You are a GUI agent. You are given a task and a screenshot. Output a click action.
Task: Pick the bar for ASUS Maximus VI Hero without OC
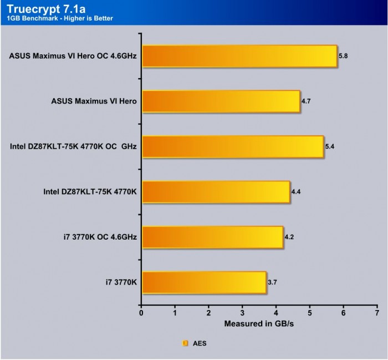pyautogui.click(x=221, y=102)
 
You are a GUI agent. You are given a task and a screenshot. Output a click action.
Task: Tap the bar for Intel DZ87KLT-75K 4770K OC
pyautogui.click(x=233, y=147)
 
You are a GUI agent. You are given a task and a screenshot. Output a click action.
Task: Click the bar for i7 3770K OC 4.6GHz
pyautogui.click(x=212, y=237)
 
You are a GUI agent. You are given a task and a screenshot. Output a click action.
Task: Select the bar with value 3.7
pyautogui.click(x=204, y=283)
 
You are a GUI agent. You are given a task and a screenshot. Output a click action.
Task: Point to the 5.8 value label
pyautogui.click(x=343, y=56)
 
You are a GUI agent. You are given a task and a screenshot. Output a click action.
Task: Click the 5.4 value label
pyautogui.click(x=330, y=147)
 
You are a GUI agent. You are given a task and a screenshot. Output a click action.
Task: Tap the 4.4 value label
pyautogui.click(x=296, y=192)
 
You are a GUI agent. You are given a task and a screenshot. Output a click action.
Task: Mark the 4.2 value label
pyautogui.click(x=289, y=237)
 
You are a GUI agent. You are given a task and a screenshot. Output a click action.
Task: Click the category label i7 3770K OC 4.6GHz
pyautogui.click(x=100, y=237)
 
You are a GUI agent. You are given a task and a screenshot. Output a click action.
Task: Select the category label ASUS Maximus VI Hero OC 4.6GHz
pyautogui.click(x=73, y=56)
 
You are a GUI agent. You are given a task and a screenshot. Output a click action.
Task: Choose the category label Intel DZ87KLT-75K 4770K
pyautogui.click(x=90, y=192)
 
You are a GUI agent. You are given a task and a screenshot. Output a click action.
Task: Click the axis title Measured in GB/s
pyautogui.click(x=259, y=323)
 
